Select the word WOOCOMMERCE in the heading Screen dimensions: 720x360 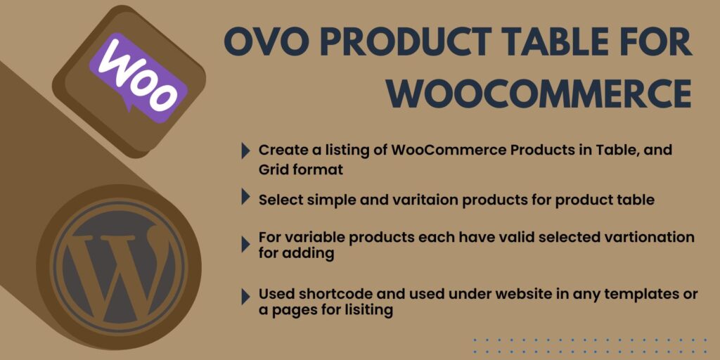click(539, 94)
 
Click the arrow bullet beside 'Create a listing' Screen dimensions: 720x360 click(245, 150)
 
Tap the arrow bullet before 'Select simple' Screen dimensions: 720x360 click(245, 197)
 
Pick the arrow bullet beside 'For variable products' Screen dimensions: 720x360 click(245, 244)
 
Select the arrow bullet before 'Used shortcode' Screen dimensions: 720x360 click(245, 297)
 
